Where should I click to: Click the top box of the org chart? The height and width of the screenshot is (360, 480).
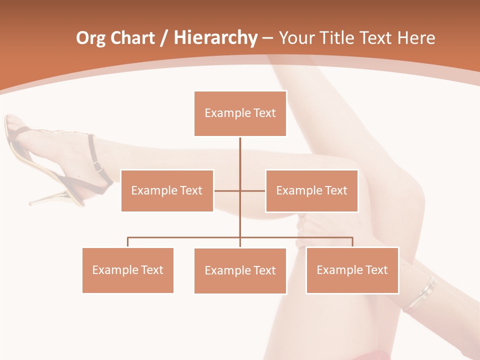click(240, 113)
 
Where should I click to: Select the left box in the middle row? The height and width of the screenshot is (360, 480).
click(167, 190)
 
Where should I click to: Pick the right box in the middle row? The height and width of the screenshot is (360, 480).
click(311, 190)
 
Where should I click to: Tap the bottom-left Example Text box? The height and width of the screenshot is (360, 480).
click(128, 270)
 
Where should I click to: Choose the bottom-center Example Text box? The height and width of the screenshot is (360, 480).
click(240, 270)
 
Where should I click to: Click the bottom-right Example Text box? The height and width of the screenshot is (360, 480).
click(352, 270)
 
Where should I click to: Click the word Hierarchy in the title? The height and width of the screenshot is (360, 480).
click(215, 38)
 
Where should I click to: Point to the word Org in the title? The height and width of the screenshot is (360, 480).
click(90, 38)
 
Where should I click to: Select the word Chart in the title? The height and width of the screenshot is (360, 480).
click(132, 38)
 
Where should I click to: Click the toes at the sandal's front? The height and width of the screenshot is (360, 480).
click(12, 123)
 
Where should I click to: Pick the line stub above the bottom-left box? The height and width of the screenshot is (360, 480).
click(128, 242)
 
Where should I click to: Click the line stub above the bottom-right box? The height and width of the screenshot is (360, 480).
click(352, 241)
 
